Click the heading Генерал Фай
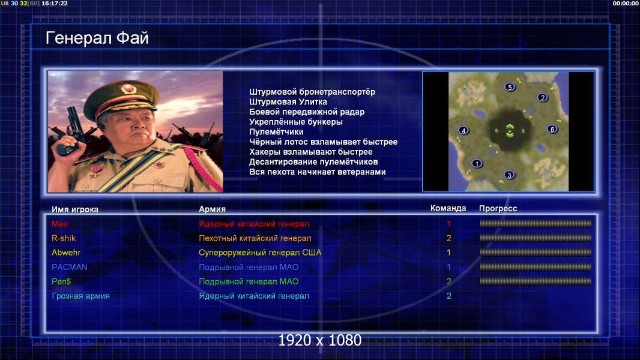pos(97,38)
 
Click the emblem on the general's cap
pos(128,88)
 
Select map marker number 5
pos(509,87)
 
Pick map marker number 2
pos(543,97)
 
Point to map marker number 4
pos(463,130)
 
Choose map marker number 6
pos(552,129)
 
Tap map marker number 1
pos(477,163)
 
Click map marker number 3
pos(509,175)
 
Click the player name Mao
pos(59,224)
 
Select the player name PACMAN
pos(70,267)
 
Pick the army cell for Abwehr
pos(260,253)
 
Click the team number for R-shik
pos(448,238)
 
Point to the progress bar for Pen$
pos(536,281)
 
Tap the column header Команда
pos(448,208)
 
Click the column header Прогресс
pos(498,209)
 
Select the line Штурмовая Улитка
pos(288,102)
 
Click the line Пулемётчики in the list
pos(276,131)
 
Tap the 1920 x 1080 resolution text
pos(320,340)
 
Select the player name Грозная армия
pos(81,296)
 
